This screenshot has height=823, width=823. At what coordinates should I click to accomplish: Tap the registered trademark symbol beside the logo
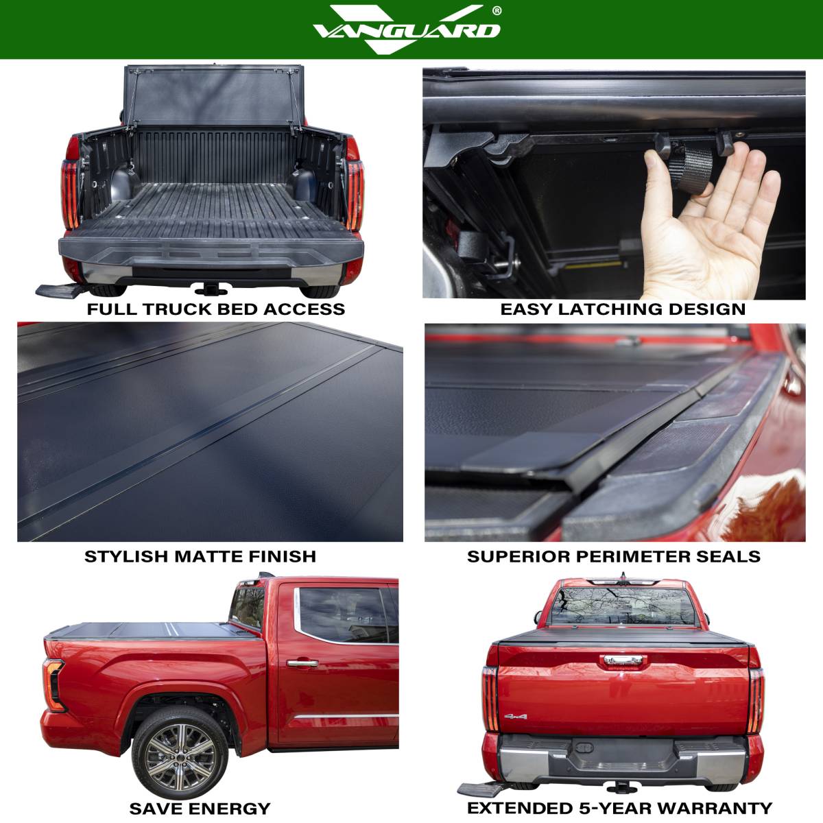[497, 11]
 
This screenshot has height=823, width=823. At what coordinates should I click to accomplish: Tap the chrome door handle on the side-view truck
[302, 663]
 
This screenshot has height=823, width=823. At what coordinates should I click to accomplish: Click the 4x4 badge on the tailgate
[516, 716]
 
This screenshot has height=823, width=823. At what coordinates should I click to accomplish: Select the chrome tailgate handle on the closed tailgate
[623, 660]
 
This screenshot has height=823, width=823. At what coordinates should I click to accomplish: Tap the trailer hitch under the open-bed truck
[211, 289]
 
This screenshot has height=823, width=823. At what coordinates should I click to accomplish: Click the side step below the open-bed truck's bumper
[60, 291]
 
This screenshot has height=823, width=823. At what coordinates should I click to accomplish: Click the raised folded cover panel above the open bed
[213, 95]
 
